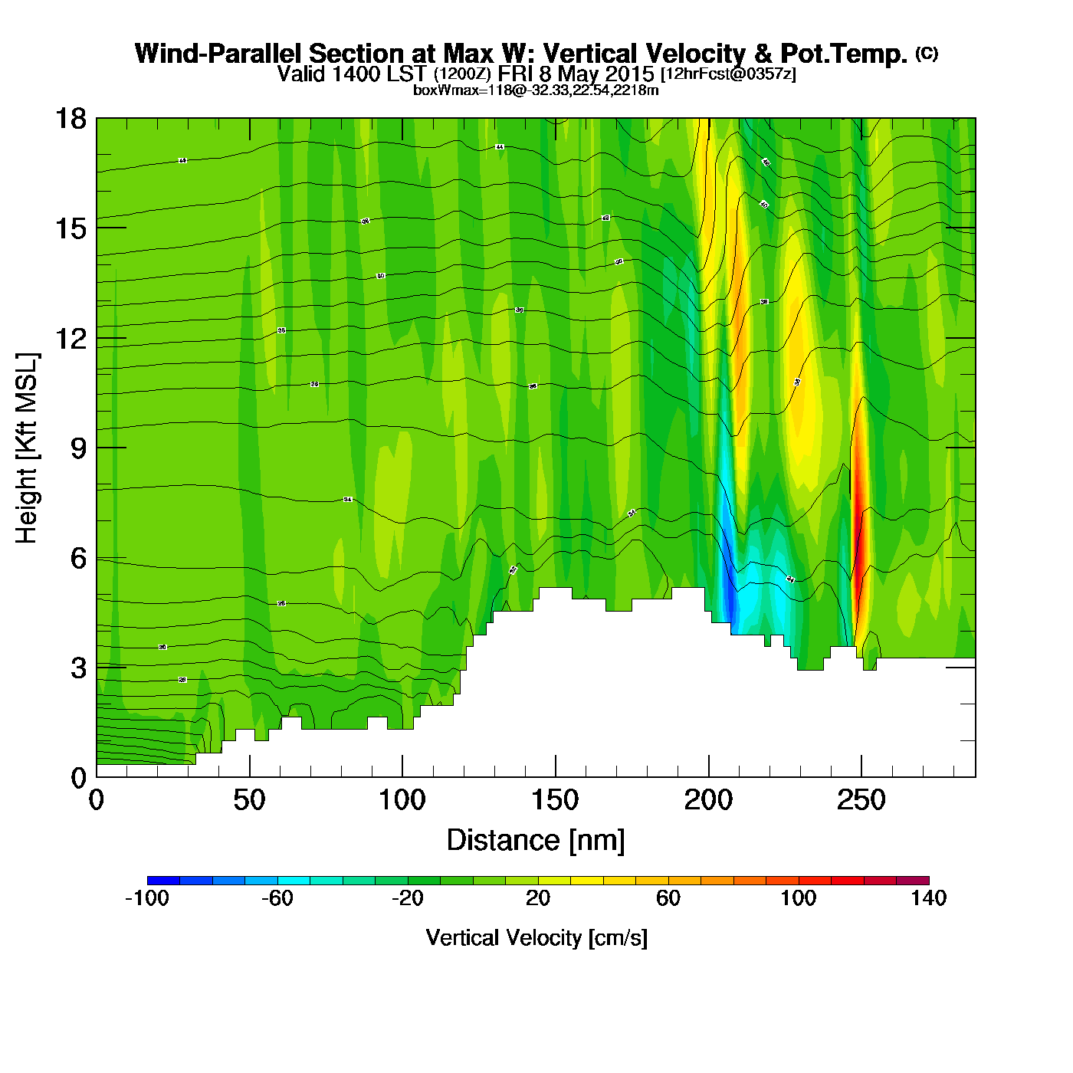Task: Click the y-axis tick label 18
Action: [x=70, y=119]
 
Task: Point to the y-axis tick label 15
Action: [x=70, y=228]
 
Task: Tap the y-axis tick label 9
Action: [x=78, y=448]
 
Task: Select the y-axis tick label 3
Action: [x=78, y=668]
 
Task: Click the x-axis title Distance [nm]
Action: [x=536, y=841]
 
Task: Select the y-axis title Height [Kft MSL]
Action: [x=27, y=448]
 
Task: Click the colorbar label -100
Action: [x=146, y=898]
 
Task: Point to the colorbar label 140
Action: [x=928, y=898]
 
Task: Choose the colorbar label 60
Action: [x=668, y=898]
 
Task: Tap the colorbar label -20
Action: [x=407, y=898]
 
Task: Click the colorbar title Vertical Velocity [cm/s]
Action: [x=536, y=938]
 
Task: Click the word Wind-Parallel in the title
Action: [x=218, y=54]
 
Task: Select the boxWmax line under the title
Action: [x=536, y=90]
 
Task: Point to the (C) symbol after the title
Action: [x=927, y=53]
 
